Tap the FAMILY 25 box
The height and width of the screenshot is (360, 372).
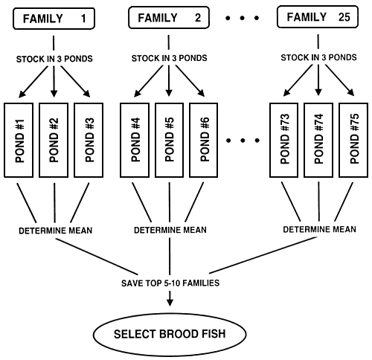click(x=319, y=18)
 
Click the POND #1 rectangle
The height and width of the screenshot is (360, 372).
click(x=20, y=140)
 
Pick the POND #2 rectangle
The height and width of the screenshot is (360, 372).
click(x=54, y=140)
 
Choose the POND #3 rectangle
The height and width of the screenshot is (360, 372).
click(x=89, y=140)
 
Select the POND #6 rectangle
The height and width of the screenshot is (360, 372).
click(x=205, y=140)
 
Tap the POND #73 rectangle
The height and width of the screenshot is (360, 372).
click(x=285, y=140)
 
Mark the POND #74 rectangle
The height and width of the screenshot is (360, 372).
click(x=319, y=140)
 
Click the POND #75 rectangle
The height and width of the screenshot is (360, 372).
click(x=353, y=140)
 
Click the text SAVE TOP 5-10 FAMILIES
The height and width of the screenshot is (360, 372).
click(x=170, y=283)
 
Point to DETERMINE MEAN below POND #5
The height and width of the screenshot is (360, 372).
click(x=170, y=230)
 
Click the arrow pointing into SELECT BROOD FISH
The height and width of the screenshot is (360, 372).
click(x=170, y=299)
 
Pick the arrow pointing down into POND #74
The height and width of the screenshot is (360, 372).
click(x=319, y=82)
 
